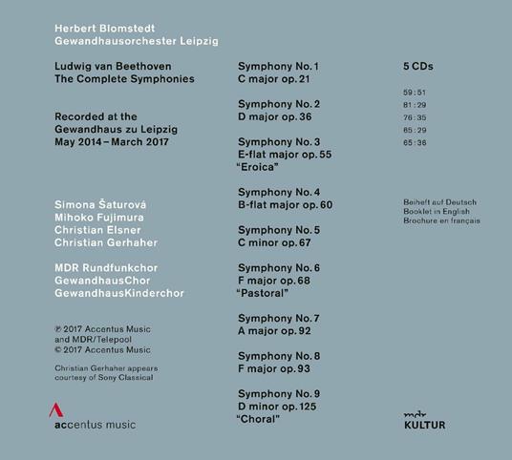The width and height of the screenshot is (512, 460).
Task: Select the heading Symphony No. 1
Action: pos(277,66)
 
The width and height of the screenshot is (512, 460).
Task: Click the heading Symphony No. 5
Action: pos(278,230)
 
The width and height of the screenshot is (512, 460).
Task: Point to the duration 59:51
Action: pos(416,91)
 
